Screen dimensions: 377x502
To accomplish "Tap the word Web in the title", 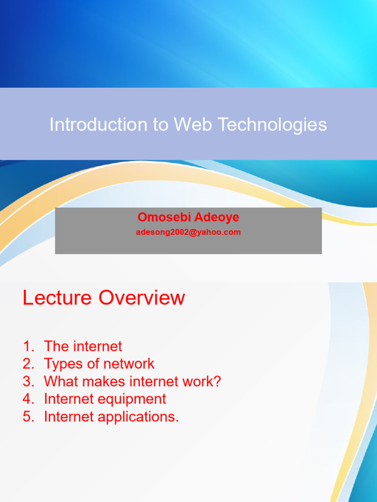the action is tap(193, 124).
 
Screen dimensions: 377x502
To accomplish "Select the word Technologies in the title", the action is tap(272, 125).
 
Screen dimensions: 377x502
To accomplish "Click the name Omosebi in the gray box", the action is tap(164, 217).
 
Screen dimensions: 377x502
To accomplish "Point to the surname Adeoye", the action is tap(216, 217).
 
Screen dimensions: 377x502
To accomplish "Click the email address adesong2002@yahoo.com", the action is tap(188, 232).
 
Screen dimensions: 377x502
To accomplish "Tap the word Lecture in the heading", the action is tap(57, 298).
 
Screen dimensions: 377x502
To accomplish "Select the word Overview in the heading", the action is tap(142, 298).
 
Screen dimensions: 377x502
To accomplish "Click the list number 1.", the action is tap(28, 346).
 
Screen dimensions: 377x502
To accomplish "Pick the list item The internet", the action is tap(83, 346).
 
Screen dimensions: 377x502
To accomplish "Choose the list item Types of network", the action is tap(99, 364).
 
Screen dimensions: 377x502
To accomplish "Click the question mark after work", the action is tap(217, 381).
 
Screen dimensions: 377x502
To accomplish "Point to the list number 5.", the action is tap(28, 417).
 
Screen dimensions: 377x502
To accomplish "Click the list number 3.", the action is tap(28, 381).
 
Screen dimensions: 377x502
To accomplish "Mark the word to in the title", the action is tap(161, 125).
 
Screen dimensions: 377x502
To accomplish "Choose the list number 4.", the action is tap(28, 399).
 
